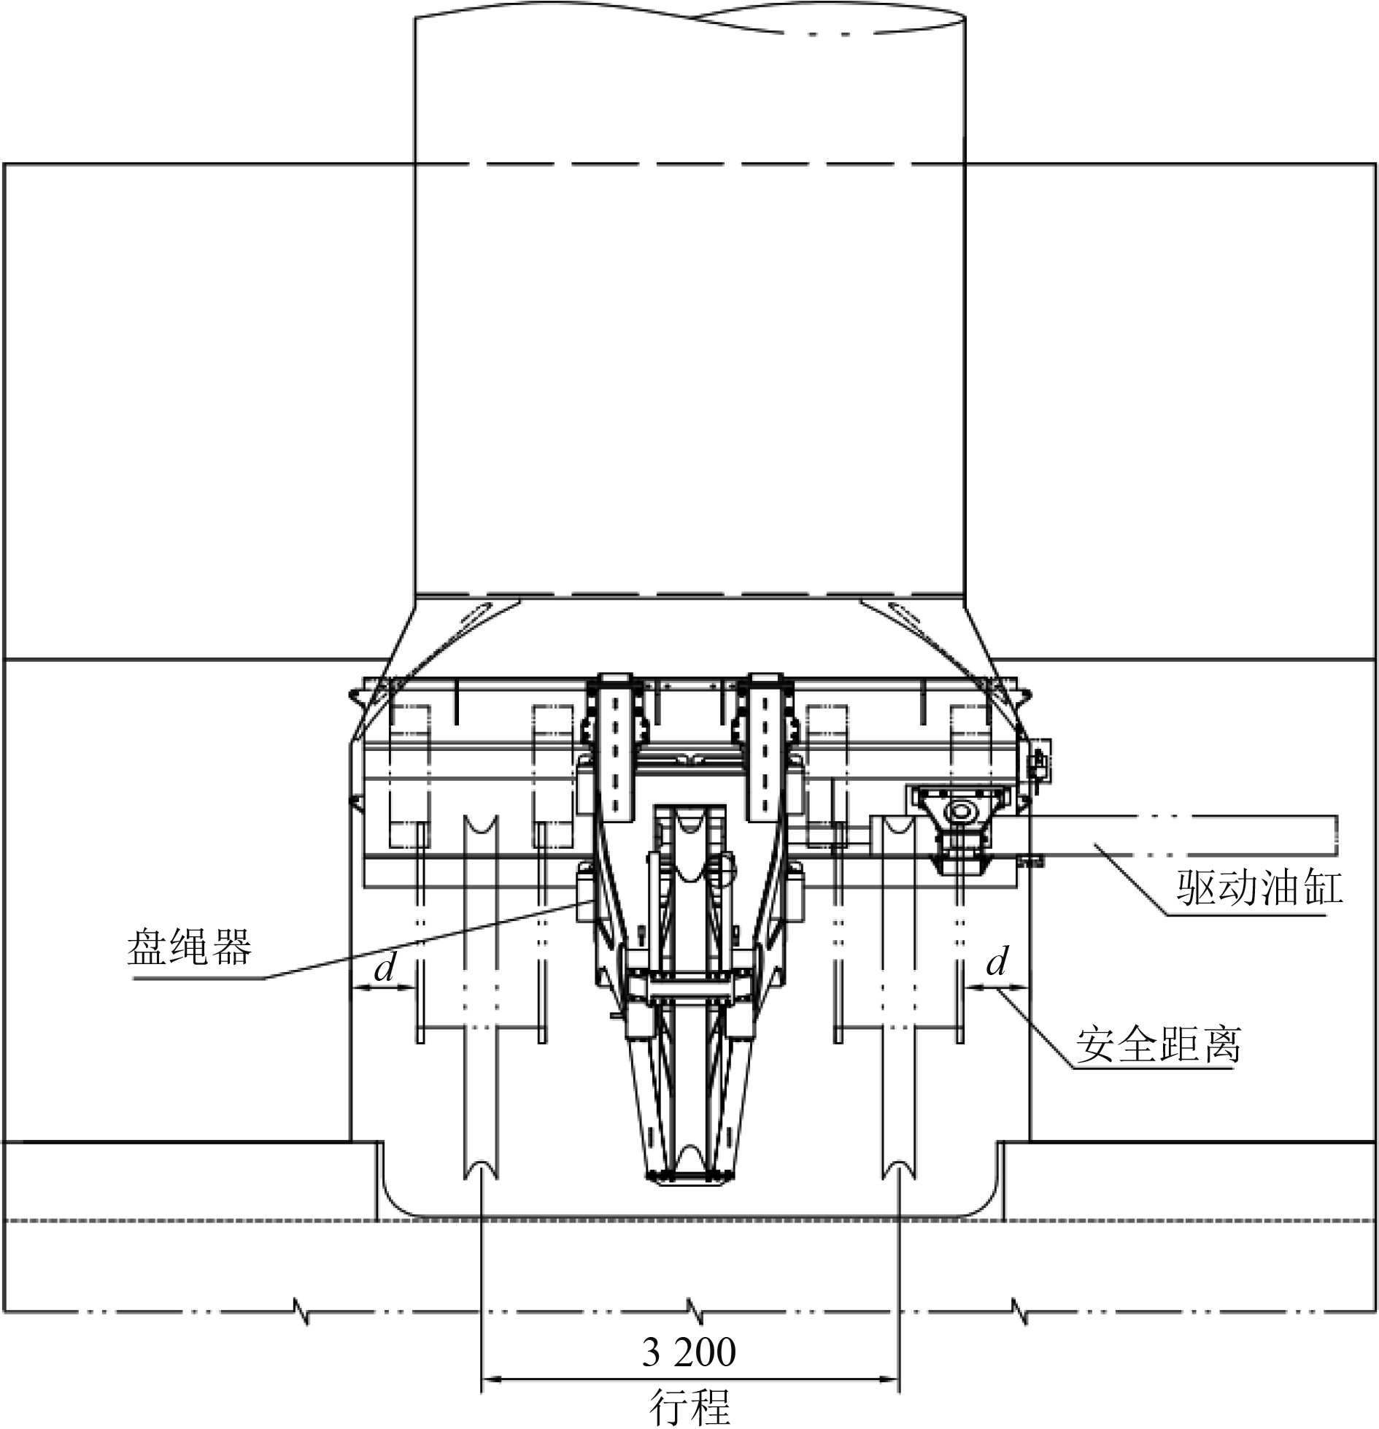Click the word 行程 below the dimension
coord(689,1407)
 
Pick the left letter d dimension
coord(384,968)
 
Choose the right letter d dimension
coord(997,962)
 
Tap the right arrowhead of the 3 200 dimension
coord(889,1379)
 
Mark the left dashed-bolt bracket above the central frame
coord(617,744)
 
